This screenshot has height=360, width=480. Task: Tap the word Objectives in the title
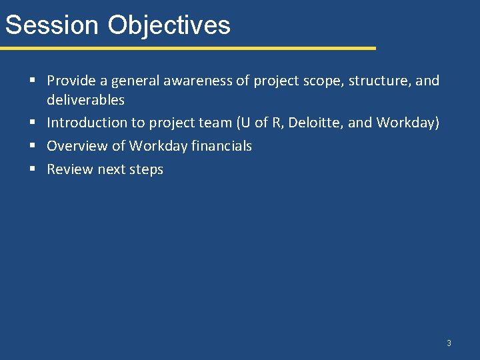[x=169, y=25]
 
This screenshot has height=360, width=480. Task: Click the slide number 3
[x=449, y=343]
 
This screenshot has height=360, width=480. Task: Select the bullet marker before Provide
[x=33, y=81]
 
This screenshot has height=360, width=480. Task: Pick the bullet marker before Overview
[x=33, y=146]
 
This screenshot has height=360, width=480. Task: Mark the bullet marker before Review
[x=33, y=169]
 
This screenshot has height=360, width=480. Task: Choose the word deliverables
[x=85, y=100]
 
